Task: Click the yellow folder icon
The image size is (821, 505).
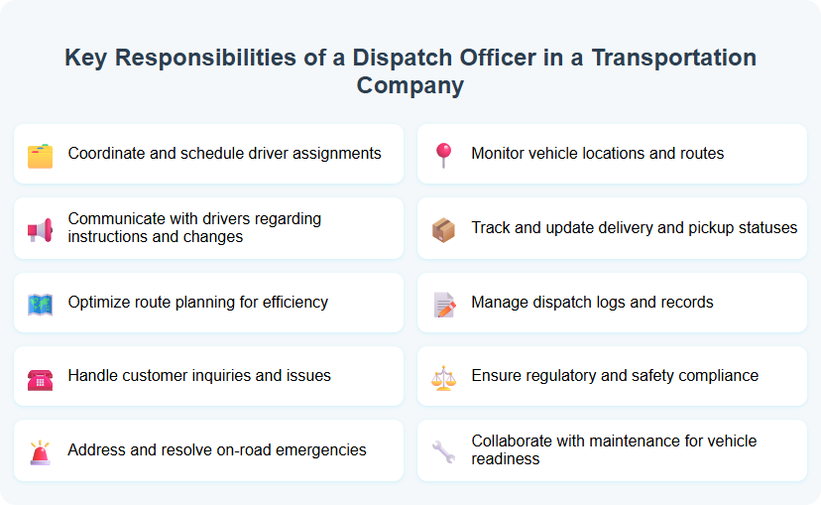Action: click(40, 155)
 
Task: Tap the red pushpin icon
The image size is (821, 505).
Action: click(443, 155)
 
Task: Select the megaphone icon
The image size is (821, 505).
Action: click(40, 229)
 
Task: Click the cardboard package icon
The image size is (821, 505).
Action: click(443, 229)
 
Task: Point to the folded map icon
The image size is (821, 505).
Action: click(40, 304)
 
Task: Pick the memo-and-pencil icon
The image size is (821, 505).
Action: click(443, 304)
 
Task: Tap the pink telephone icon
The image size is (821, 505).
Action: click(40, 377)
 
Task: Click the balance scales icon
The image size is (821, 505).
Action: click(443, 377)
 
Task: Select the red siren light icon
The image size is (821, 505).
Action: click(40, 451)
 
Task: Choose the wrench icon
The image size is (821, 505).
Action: click(443, 451)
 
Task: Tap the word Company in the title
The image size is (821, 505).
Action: click(410, 85)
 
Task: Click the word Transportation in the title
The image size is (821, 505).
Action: click(674, 58)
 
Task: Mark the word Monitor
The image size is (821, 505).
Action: click(502, 154)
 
